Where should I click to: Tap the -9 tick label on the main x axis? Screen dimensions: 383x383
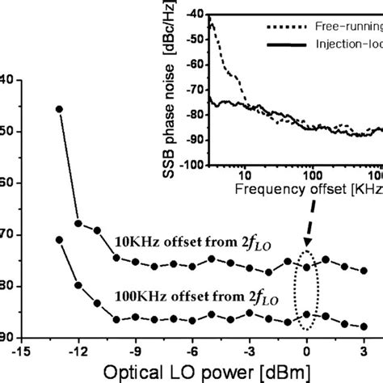(136, 351)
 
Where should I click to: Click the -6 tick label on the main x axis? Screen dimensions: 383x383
(192, 351)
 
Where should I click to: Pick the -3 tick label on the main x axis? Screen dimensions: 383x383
(250, 351)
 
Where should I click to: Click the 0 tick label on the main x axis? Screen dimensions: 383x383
(307, 351)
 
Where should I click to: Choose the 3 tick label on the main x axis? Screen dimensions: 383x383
(364, 351)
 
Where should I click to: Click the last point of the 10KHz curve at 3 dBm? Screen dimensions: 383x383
(364, 271)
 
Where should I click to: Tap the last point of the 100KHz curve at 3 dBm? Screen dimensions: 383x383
(364, 326)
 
